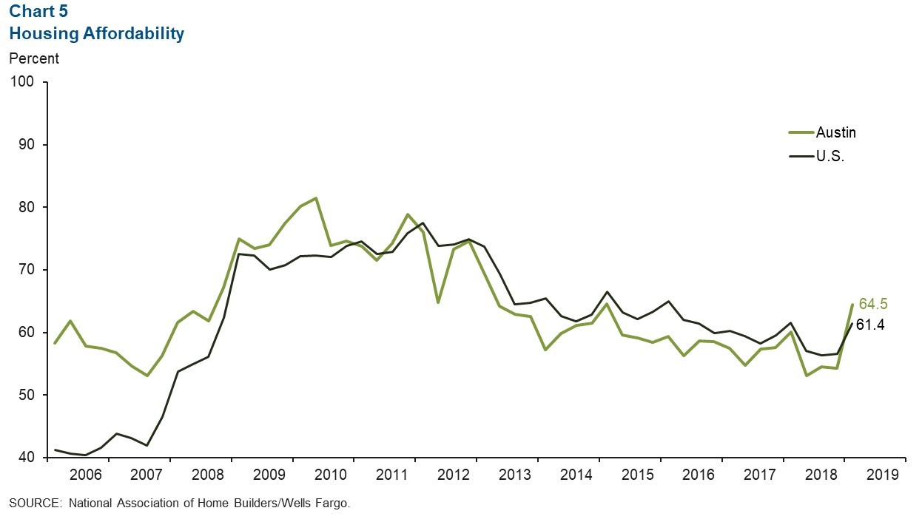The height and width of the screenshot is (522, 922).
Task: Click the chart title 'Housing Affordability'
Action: pyautogui.click(x=97, y=34)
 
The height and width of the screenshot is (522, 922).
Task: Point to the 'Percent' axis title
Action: pyautogui.click(x=34, y=58)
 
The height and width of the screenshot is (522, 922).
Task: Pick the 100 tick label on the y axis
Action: pyautogui.click(x=24, y=82)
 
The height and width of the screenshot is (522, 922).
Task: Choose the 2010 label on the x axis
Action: pyautogui.click(x=322, y=475)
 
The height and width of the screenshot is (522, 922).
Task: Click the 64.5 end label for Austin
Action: pyautogui.click(x=873, y=304)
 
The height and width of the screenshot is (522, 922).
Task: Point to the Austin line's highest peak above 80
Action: pyautogui.click(x=316, y=198)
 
